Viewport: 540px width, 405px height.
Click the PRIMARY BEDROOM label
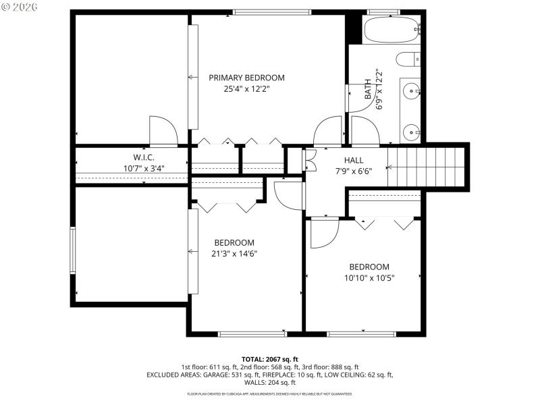(246, 78)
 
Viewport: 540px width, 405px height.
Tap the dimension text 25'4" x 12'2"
(246, 88)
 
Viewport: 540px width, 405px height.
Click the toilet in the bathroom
(408, 59)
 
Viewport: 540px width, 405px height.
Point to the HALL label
(354, 160)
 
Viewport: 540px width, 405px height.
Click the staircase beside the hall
(427, 167)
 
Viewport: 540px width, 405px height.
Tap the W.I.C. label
(144, 157)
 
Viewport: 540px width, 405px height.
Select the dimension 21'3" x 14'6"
(234, 254)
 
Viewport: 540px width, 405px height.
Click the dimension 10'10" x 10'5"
(369, 277)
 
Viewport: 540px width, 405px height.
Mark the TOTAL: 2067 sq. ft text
(269, 358)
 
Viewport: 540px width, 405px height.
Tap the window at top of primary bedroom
(272, 11)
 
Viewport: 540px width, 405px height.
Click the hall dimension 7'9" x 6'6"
(354, 171)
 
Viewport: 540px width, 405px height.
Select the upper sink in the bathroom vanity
(410, 88)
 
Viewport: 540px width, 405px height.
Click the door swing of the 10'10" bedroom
(324, 233)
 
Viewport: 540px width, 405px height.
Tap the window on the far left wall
(73, 250)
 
